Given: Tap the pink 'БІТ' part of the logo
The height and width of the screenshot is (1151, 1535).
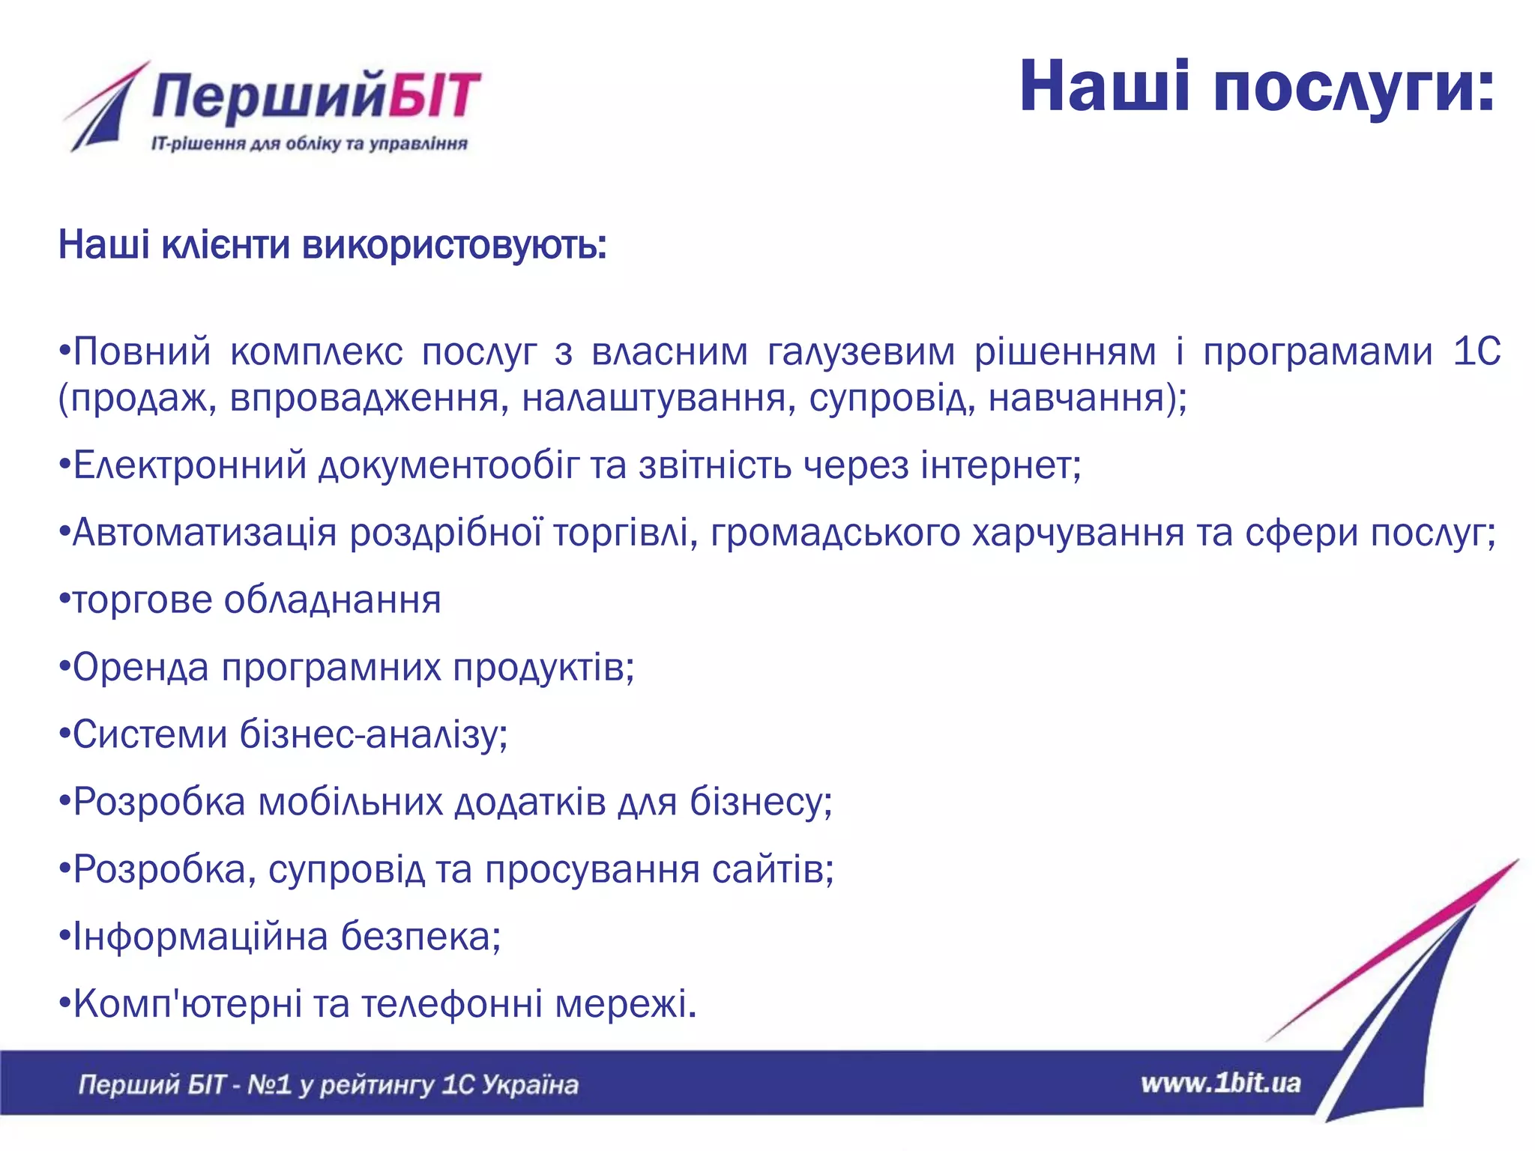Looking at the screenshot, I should click(435, 96).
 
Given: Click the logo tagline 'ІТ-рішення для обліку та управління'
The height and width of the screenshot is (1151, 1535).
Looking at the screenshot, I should click(309, 143).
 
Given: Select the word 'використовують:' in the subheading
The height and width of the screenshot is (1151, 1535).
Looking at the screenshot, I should click(454, 245).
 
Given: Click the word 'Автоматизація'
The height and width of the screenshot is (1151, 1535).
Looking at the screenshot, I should click(205, 533).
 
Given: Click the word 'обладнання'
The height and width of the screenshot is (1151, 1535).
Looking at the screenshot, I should click(332, 600).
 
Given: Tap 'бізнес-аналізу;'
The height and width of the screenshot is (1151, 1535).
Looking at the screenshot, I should click(373, 734).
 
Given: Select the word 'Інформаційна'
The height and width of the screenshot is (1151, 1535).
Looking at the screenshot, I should click(200, 937).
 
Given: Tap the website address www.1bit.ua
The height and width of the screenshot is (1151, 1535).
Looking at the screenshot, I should click(1220, 1084).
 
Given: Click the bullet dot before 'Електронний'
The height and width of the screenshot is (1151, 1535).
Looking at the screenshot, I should click(64, 467).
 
